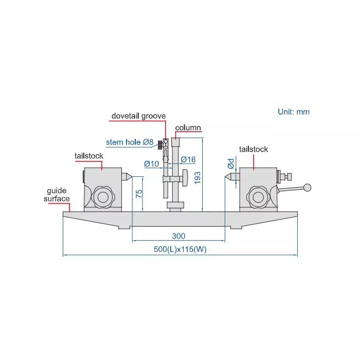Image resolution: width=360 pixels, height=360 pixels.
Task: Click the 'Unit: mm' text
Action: [x=294, y=112]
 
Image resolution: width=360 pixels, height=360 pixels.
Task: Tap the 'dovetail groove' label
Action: [x=138, y=116]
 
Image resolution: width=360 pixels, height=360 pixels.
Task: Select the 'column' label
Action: [x=188, y=128]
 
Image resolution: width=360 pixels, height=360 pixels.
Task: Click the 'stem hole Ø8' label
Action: [x=130, y=142]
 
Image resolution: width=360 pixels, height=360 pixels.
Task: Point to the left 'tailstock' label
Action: [x=89, y=156]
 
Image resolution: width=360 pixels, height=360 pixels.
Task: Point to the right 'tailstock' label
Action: [x=253, y=150]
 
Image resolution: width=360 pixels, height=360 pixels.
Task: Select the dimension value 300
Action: [x=178, y=236]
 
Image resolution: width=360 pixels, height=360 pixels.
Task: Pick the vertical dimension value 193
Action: [x=197, y=177]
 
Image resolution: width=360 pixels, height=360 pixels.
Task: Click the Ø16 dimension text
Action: [x=188, y=160]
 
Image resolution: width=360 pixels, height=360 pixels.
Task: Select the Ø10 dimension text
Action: [x=151, y=164]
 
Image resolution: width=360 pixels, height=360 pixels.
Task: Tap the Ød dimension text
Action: [x=231, y=164]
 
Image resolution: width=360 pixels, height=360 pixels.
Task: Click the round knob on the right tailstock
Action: [x=257, y=196]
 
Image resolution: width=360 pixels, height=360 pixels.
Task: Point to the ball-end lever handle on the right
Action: [x=308, y=188]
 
